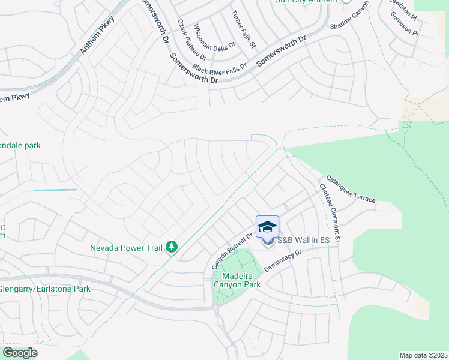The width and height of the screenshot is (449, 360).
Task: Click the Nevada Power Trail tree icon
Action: (172, 247)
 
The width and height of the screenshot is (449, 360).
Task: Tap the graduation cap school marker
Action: (267, 226)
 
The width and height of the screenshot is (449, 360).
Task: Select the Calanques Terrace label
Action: (351, 189)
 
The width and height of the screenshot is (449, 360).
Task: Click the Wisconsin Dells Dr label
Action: (208, 41)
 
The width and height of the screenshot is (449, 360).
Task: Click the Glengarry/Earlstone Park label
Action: (45, 289)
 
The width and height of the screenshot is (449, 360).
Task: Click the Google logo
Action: (19, 353)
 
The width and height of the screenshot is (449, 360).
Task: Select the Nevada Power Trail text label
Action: (126, 247)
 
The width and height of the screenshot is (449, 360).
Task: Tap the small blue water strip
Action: (56, 190)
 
